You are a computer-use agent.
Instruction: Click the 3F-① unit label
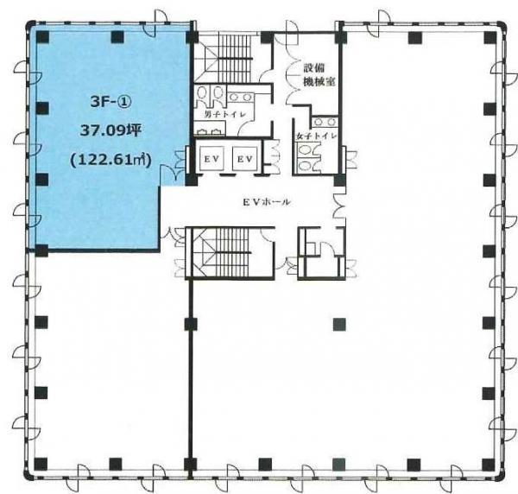pyautogui.click(x=111, y=102)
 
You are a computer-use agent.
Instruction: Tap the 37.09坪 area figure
pyautogui.click(x=111, y=131)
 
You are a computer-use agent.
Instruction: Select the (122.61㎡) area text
pyautogui.click(x=111, y=161)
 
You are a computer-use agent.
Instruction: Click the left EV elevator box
pyautogui.click(x=212, y=159)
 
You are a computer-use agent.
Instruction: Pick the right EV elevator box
pyautogui.click(x=244, y=159)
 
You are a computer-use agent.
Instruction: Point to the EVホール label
pyautogui.click(x=266, y=202)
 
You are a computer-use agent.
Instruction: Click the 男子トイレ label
pyautogui.click(x=224, y=115)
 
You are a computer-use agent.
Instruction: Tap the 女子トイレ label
pyautogui.click(x=317, y=136)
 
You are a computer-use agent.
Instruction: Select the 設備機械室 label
pyautogui.click(x=319, y=75)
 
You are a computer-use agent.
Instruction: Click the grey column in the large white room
pyautogui.click(x=339, y=324)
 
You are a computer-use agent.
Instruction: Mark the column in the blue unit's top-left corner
pyautogui.click(x=42, y=36)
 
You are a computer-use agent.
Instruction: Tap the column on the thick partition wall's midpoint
pyautogui.click(x=191, y=324)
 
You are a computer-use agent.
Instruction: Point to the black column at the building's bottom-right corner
pyautogui.click(x=489, y=464)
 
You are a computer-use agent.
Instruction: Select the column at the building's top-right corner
pyautogui.click(x=490, y=38)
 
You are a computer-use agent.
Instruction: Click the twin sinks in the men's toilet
pyautogui.click(x=240, y=97)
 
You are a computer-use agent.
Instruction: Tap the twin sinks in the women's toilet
pyautogui.click(x=325, y=122)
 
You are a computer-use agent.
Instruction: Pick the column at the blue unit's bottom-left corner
pyautogui.click(x=41, y=250)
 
